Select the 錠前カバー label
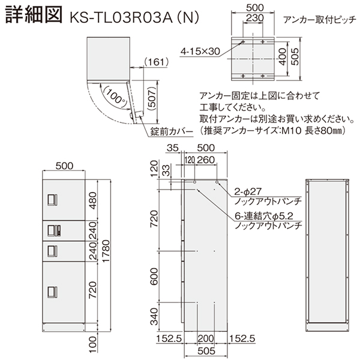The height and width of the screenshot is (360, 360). tap(173, 130)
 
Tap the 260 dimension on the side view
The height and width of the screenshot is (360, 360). tap(207, 160)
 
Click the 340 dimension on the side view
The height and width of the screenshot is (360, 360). tap(154, 314)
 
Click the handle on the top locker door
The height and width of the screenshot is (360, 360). tap(52, 199)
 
